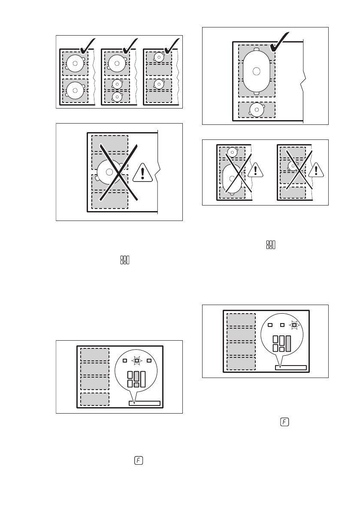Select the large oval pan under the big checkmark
click(256, 71)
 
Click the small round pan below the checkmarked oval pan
click(256, 110)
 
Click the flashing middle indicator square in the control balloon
click(136, 360)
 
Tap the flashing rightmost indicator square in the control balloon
click(294, 325)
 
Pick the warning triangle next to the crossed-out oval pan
click(256, 169)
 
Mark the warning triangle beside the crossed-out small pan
click(316, 169)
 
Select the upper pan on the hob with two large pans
click(75, 63)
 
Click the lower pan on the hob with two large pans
click(75, 90)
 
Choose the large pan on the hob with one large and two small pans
click(117, 63)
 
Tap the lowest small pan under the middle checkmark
click(117, 97)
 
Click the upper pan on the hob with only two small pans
click(159, 57)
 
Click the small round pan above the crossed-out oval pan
click(233, 151)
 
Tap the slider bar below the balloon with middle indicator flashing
click(145, 403)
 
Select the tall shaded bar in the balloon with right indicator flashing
click(288, 344)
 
